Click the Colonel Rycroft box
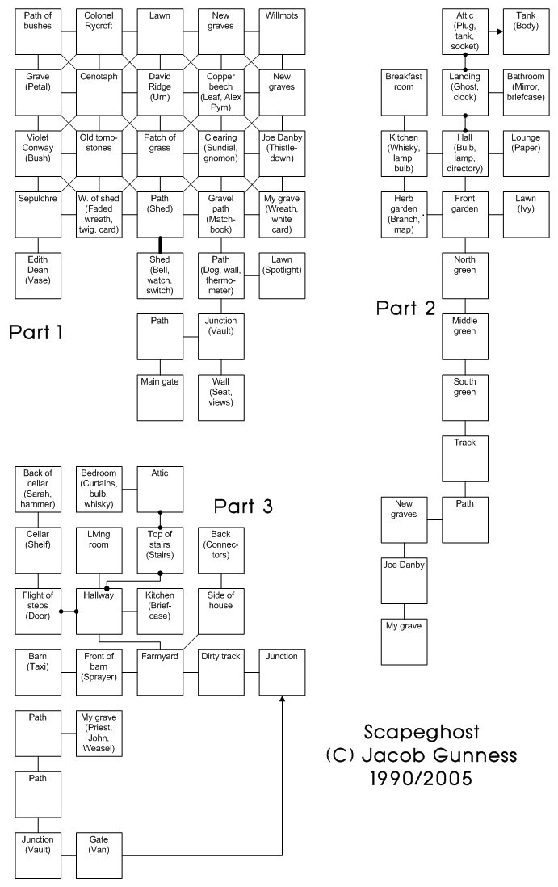99,32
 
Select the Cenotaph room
99,93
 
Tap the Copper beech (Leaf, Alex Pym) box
221,93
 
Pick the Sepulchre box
38,215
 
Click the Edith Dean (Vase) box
38,276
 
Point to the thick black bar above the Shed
160,246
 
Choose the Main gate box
160,398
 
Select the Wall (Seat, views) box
221,398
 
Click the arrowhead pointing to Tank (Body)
500,32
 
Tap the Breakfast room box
405,93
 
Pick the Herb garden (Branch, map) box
405,215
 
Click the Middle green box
465,337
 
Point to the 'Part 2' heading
406,309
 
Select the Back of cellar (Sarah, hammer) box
38,490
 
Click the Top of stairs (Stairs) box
160,551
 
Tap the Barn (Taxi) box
38,673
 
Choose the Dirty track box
221,673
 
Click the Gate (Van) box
99,856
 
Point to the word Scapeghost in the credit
422,732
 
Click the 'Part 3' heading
243,507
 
